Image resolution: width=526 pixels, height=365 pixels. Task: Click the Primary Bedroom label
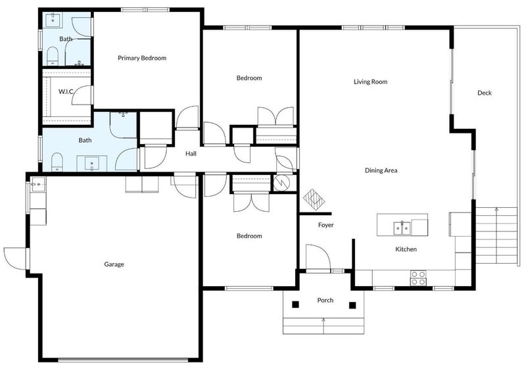pyautogui.click(x=142, y=58)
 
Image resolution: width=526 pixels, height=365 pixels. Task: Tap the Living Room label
pyautogui.click(x=370, y=82)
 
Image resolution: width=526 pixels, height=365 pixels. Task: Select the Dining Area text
pyautogui.click(x=381, y=170)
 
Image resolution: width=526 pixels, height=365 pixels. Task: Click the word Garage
pyautogui.click(x=114, y=264)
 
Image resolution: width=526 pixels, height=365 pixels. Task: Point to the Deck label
pyautogui.click(x=485, y=93)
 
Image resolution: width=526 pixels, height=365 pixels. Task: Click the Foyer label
pyautogui.click(x=325, y=225)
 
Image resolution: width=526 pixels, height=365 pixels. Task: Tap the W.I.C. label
pyautogui.click(x=66, y=91)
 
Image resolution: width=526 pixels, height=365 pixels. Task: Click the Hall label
pyautogui.click(x=191, y=154)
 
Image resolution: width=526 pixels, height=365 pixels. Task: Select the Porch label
pyautogui.click(x=325, y=301)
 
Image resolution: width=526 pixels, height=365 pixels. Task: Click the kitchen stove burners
pyautogui.click(x=418, y=278)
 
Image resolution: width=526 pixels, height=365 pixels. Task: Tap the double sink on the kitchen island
pyautogui.click(x=402, y=228)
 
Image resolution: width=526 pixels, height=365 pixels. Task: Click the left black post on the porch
pyautogui.click(x=295, y=304)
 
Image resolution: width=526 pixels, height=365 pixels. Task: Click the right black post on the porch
pyautogui.click(x=352, y=305)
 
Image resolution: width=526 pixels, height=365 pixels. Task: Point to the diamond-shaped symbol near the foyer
pyautogui.click(x=314, y=200)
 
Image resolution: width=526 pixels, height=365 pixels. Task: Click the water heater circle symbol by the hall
pyautogui.click(x=281, y=183)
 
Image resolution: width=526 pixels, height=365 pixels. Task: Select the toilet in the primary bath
pyautogui.click(x=53, y=56)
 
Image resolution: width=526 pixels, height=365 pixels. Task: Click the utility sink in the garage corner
pyautogui.click(x=38, y=184)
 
